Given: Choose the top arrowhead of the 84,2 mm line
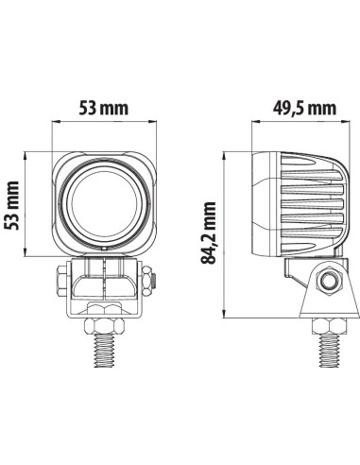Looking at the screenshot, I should (223, 150).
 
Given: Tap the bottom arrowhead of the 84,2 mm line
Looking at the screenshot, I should (223, 318).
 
